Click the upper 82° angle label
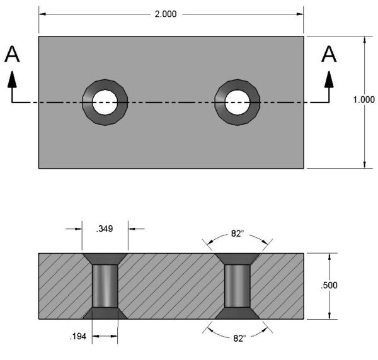click(237, 233)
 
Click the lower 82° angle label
click(238, 338)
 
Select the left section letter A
click(12, 55)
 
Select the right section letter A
click(329, 55)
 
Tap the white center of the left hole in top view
click(105, 102)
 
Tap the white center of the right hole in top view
click(237, 102)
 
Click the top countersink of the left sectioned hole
click(105, 259)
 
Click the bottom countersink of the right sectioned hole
click(237, 313)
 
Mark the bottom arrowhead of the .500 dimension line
click(329, 314)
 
